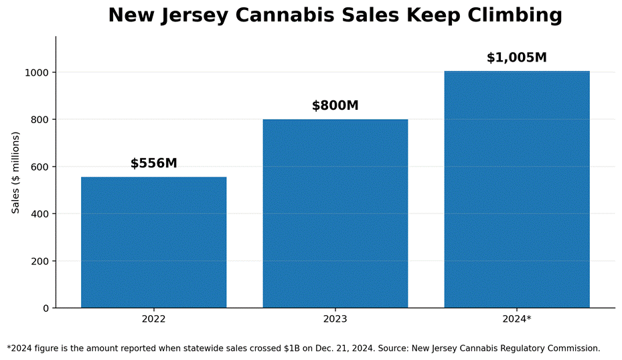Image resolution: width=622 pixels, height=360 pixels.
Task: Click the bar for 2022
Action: point(154,242)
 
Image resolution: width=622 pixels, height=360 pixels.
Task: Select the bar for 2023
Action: point(335,213)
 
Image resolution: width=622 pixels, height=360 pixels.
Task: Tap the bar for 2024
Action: point(517,189)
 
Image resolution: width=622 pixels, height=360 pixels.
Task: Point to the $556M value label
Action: point(154,163)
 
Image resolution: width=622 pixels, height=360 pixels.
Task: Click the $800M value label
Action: point(335,106)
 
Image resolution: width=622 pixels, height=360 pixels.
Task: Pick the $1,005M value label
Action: point(517,58)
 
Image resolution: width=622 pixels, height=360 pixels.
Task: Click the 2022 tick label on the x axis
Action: point(154,319)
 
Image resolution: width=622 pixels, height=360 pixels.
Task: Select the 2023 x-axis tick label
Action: point(335,319)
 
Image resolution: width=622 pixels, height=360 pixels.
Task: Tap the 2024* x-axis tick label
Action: point(517,319)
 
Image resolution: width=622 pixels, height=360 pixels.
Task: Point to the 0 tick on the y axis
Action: point(46,308)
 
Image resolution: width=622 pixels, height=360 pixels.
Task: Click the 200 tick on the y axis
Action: point(40,261)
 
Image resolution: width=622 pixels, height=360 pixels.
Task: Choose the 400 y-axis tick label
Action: point(40,214)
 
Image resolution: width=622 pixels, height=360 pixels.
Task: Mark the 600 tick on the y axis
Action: point(40,167)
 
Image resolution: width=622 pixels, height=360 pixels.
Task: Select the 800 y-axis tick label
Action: point(40,120)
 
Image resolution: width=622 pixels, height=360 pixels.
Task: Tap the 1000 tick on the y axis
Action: point(37,72)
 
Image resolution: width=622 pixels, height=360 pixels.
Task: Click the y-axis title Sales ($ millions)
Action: point(15,173)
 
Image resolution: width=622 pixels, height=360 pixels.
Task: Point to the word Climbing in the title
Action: point(515,16)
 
